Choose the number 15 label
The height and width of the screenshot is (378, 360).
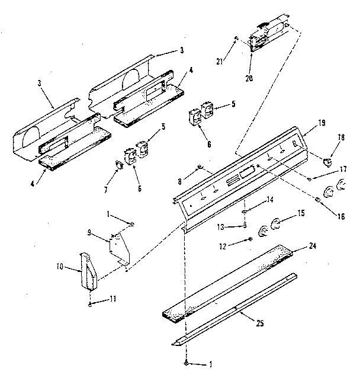(x=300, y=212)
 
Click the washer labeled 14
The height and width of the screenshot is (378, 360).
(x=244, y=212)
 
